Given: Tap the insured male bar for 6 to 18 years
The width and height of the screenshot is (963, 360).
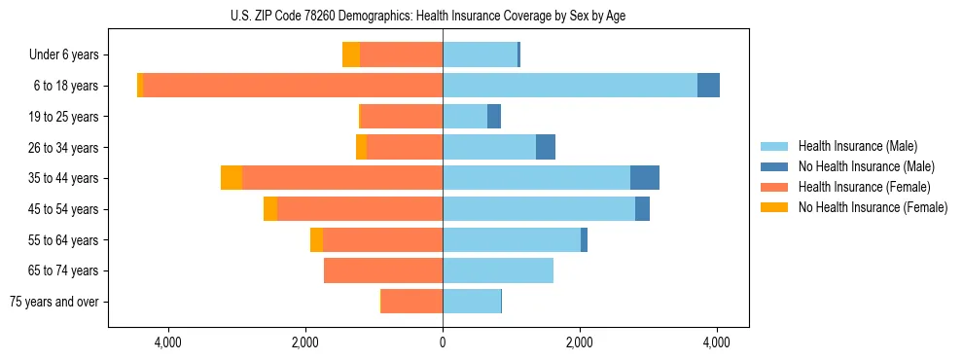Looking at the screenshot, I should click(x=570, y=86).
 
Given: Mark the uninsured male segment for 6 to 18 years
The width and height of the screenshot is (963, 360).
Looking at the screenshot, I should click(x=708, y=86).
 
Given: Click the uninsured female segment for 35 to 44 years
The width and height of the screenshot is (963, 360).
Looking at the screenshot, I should click(x=232, y=178).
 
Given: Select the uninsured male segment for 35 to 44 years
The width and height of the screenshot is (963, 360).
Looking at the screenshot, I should click(x=645, y=178).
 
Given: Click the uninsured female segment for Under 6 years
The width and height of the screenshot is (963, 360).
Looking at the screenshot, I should click(x=351, y=55).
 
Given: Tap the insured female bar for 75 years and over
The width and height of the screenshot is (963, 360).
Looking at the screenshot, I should click(x=411, y=302).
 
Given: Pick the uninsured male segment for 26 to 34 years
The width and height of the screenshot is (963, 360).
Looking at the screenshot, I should click(x=546, y=147).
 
